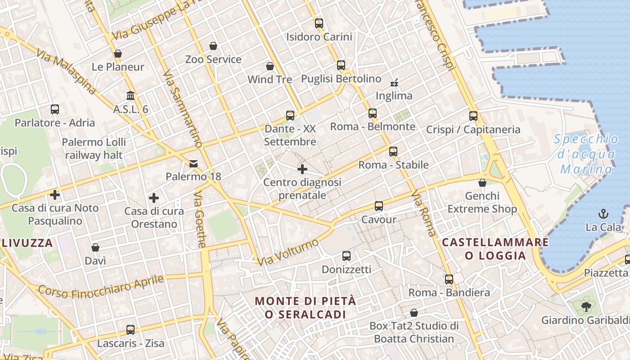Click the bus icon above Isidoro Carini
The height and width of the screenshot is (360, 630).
point(319,23)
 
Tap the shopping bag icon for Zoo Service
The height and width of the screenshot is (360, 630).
point(213,46)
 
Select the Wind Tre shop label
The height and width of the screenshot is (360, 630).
point(270,80)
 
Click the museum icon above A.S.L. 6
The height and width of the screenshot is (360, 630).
point(131,95)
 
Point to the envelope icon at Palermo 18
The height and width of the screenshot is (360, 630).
point(193,163)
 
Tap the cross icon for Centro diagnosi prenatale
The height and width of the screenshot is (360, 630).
point(302,169)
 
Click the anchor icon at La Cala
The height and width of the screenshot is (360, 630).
point(603,214)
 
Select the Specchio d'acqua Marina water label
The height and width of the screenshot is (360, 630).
point(586,154)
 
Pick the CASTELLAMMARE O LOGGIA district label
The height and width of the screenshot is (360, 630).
point(495,249)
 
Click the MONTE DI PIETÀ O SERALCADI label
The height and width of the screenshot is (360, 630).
point(306,307)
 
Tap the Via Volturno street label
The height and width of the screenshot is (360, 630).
point(288,252)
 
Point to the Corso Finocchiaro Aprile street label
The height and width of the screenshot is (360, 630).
point(100,286)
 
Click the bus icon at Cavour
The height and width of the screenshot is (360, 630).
point(379,206)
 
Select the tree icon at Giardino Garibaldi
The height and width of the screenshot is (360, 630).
point(586,307)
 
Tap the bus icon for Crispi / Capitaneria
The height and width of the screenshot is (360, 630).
point(473,116)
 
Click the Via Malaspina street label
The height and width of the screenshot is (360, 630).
point(66,72)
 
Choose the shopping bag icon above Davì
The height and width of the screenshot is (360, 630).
point(95,247)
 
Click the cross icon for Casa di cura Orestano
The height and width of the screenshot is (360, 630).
point(154,198)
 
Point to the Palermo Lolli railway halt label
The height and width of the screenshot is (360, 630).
point(94,148)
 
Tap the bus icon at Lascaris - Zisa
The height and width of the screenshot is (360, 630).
point(130,330)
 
